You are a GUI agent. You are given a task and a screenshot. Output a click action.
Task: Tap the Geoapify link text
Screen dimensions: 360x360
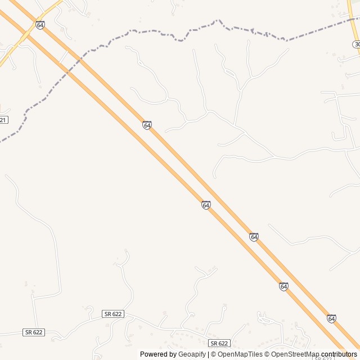(192, 354)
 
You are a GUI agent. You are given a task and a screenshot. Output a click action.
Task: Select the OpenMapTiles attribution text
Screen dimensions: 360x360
(241, 354)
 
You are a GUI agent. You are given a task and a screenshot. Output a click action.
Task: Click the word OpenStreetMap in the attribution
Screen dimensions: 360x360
(295, 354)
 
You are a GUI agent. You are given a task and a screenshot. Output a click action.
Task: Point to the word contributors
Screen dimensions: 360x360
(339, 354)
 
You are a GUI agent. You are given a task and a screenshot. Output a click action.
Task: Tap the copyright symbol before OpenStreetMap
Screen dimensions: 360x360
(267, 354)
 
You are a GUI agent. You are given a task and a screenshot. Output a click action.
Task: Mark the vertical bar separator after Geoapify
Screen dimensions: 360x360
(208, 354)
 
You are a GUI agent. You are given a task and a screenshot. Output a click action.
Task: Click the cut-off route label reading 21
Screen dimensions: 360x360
(3, 120)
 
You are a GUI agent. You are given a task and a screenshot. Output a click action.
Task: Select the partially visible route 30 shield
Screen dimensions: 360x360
(357, 44)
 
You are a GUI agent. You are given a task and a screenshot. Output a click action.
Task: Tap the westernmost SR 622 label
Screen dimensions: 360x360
(34, 332)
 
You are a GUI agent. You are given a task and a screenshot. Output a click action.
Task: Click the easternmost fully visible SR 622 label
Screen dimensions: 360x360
(219, 343)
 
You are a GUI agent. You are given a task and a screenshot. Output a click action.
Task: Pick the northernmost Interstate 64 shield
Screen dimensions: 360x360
(40, 25)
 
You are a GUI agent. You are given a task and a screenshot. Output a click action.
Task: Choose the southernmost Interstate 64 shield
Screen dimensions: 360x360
(331, 318)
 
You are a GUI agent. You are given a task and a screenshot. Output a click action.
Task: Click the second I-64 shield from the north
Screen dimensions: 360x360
(147, 125)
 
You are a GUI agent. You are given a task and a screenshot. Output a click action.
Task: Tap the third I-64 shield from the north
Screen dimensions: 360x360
(206, 205)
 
